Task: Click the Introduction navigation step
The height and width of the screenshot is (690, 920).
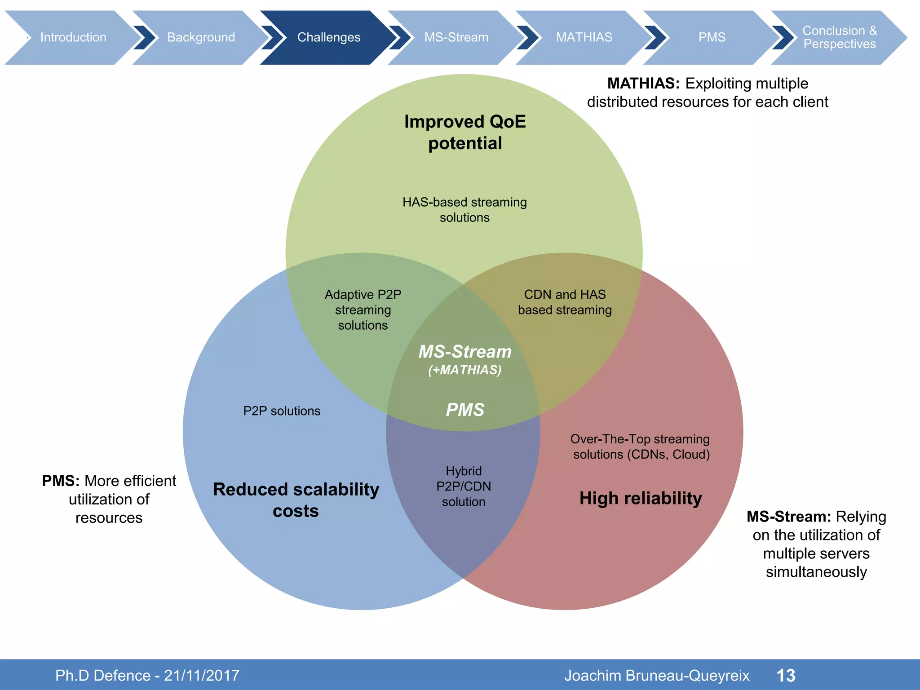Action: point(73,37)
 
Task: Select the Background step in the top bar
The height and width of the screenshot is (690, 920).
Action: point(201,37)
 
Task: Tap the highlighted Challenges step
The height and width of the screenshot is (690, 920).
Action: point(328,37)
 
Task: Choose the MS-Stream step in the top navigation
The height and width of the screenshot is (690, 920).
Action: point(456,37)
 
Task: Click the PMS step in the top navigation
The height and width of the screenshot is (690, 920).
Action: point(712,37)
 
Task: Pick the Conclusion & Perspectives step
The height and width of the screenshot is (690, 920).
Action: point(839,37)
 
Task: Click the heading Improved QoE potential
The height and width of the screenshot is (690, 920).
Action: point(465,132)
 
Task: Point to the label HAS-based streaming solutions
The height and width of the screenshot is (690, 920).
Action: point(464,210)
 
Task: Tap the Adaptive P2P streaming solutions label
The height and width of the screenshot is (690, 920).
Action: point(363,310)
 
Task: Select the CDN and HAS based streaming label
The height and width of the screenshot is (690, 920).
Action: point(565,302)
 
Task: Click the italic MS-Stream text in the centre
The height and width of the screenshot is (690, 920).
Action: point(465,352)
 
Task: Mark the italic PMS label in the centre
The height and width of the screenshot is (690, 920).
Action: point(465,410)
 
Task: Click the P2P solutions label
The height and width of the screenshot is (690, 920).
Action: point(282,411)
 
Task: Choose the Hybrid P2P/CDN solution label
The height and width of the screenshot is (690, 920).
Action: point(464,486)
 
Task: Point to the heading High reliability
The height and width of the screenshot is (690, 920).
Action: point(641,498)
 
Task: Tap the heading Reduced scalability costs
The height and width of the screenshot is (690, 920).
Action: point(296,500)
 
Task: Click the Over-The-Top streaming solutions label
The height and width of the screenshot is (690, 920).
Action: point(640,447)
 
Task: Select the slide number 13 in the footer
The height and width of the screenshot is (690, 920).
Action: point(786,675)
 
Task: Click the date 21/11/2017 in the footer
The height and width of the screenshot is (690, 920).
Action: point(201,675)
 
